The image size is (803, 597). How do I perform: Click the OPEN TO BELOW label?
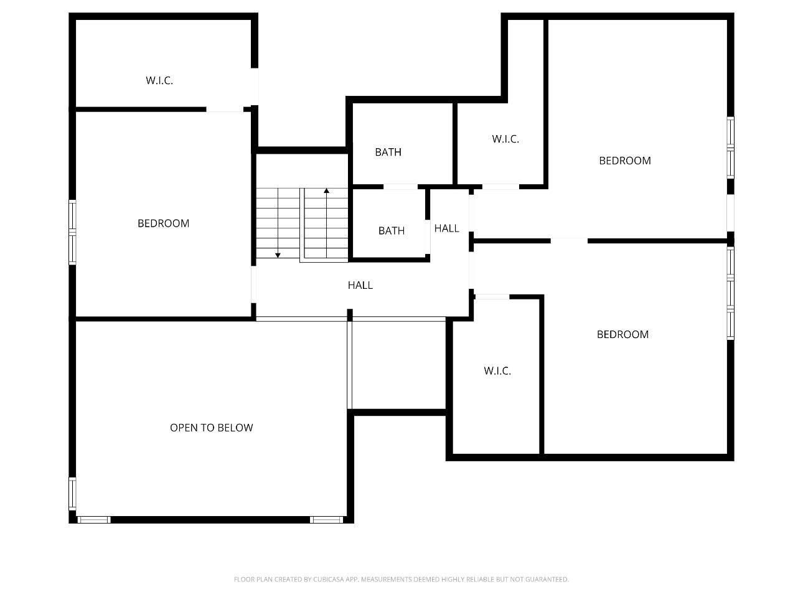[212, 428]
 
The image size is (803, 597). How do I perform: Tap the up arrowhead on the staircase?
[326, 190]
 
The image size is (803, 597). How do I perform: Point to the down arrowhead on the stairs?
[278, 255]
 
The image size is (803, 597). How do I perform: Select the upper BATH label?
[388, 152]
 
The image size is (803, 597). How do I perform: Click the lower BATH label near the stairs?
[392, 230]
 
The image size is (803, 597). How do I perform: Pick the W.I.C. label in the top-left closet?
[159, 80]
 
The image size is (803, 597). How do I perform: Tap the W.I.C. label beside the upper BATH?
[505, 139]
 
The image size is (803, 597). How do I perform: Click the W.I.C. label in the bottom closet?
[497, 371]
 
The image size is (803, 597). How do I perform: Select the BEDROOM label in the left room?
[163, 223]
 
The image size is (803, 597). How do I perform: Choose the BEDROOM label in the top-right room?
[625, 161]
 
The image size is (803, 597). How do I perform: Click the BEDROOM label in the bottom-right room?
[622, 334]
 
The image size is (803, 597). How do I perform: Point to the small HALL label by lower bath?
[446, 228]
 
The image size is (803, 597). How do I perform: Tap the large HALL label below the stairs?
[360, 285]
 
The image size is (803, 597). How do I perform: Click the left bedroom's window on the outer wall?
[72, 232]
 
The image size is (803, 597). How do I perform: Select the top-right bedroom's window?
[731, 148]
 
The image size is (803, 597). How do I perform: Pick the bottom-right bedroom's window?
[731, 293]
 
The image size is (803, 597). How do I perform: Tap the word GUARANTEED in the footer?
[547, 580]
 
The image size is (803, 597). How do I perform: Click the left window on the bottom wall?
[94, 520]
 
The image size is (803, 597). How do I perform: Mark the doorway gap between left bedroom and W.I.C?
[225, 110]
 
